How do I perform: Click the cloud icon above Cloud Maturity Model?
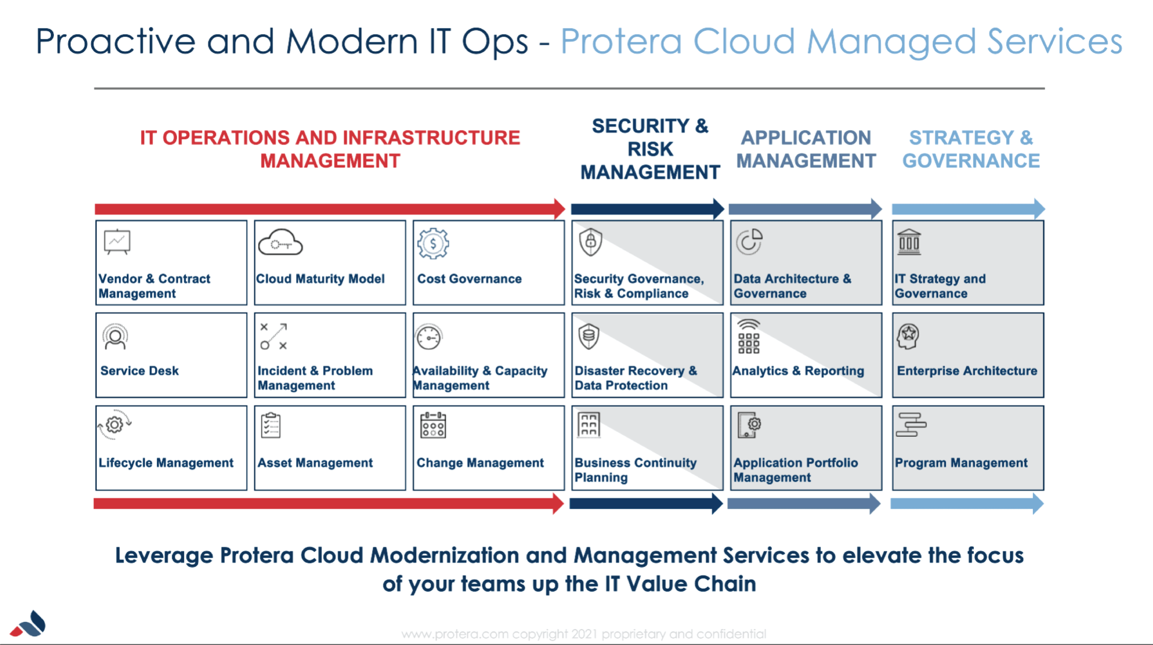coord(281,243)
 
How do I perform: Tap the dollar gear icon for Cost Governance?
coord(433,243)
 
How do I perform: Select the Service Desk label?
coord(139,371)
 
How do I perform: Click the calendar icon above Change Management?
coord(433,425)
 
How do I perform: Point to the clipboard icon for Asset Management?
coord(271,425)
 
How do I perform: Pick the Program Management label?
coord(961,463)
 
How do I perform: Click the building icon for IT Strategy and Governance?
coord(909,242)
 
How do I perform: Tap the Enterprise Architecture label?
coord(967,371)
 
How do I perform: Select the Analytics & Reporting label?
coord(798,371)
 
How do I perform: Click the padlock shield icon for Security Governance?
coord(591,242)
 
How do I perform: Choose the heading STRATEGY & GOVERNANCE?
coord(971,149)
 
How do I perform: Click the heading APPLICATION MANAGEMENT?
coord(806,149)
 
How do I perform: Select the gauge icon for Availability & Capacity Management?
coord(429,338)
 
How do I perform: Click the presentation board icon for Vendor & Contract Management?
coord(117,242)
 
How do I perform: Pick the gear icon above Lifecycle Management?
coord(115,424)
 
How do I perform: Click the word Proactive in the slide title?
coord(115,41)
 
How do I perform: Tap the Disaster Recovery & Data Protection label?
coord(636,378)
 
